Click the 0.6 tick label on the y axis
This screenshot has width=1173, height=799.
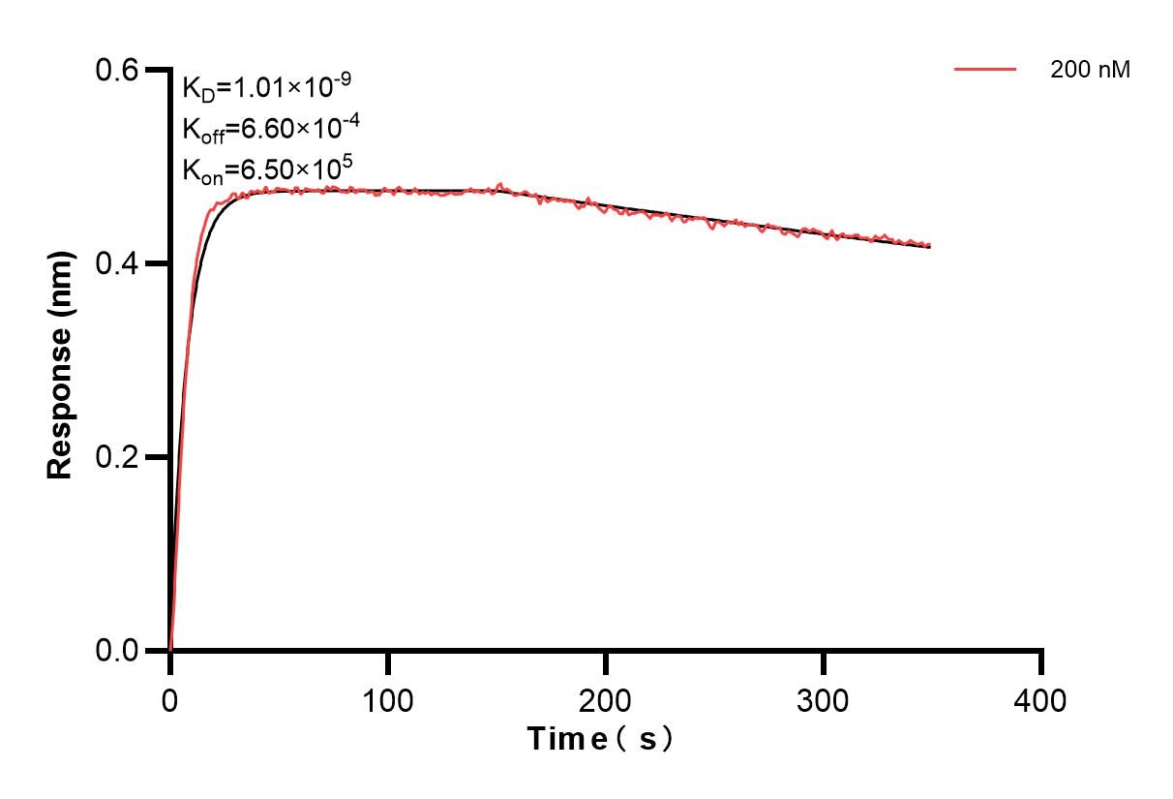pyautogui.click(x=115, y=70)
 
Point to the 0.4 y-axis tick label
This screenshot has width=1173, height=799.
pyautogui.click(x=115, y=263)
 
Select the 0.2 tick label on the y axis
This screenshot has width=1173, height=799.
pyautogui.click(x=115, y=457)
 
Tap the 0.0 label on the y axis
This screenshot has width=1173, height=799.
pyautogui.click(x=115, y=650)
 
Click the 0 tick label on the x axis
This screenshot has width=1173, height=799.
pyautogui.click(x=170, y=699)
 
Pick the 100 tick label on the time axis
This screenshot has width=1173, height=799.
pyautogui.click(x=387, y=699)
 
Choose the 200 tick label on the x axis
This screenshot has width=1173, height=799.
pyautogui.click(x=605, y=699)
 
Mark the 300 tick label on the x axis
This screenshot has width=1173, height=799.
pyautogui.click(x=823, y=699)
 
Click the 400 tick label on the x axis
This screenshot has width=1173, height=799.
pyautogui.click(x=1041, y=699)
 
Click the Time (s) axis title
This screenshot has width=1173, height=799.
pyautogui.click(x=600, y=740)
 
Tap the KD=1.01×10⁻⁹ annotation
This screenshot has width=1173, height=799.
pyautogui.click(x=266, y=88)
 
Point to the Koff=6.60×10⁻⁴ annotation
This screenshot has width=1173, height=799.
pyautogui.click(x=266, y=130)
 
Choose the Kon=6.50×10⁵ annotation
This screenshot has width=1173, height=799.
pyautogui.click(x=266, y=170)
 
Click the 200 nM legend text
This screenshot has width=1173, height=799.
pyautogui.click(x=1091, y=70)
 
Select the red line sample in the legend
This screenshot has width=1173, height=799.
pyautogui.click(x=985, y=70)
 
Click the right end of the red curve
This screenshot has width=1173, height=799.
pyautogui.click(x=930, y=246)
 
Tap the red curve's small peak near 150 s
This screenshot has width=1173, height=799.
pyautogui.click(x=500, y=184)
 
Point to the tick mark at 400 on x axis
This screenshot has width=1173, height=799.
pyautogui.click(x=1041, y=662)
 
